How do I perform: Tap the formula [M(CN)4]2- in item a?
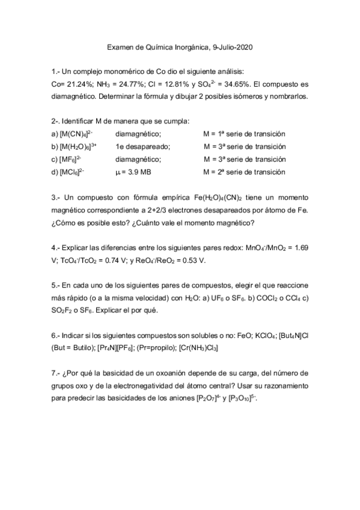[x=76, y=134]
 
